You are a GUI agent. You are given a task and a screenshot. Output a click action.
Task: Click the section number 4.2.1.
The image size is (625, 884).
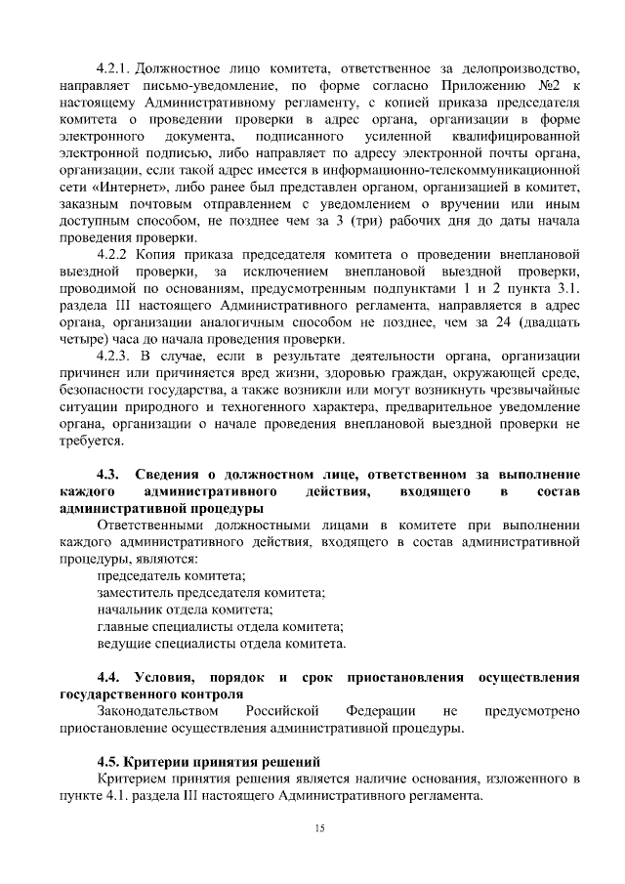tap(112, 69)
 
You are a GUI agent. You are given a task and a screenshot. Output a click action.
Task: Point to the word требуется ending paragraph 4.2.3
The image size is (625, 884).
tap(86, 441)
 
